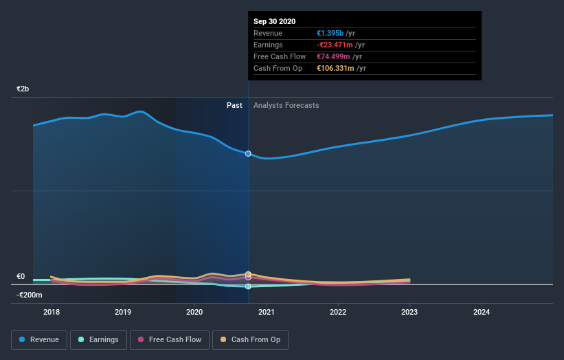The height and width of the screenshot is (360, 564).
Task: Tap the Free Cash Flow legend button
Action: click(169, 339)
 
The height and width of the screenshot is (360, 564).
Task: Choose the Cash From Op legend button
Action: click(250, 339)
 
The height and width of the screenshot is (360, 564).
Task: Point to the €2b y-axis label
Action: click(23, 89)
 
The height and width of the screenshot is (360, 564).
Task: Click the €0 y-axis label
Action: click(21, 277)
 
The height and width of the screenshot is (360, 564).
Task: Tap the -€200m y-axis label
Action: click(30, 295)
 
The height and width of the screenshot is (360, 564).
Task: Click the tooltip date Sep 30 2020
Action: click(274, 21)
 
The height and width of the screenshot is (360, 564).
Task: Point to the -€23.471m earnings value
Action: click(335, 45)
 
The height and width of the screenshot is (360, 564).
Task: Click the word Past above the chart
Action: click(234, 105)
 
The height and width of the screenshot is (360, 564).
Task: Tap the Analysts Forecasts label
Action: click(286, 105)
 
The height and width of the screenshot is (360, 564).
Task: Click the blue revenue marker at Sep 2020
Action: click(248, 153)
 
